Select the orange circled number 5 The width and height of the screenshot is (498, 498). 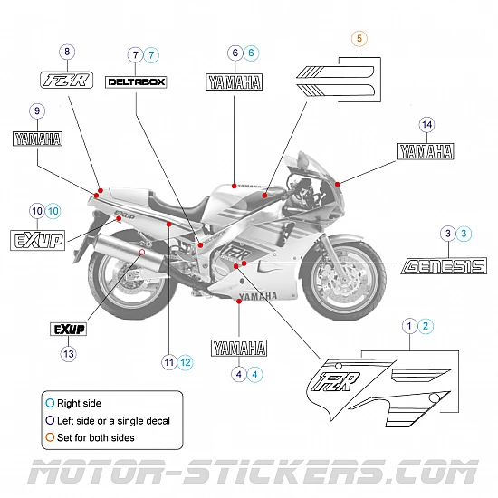coord(359,38)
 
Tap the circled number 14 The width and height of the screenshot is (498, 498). coord(427,124)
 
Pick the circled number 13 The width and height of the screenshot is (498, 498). coord(69,355)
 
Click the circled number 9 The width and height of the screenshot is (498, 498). coord(37,110)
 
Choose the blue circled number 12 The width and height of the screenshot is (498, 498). coord(186,362)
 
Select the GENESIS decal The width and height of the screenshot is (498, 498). coord(444,265)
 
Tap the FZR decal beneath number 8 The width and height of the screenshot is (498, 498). coord(66,80)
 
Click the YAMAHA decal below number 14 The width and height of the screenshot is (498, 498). coord(426,151)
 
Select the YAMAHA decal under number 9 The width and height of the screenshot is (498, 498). coord(37,139)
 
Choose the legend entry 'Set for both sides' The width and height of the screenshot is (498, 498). coord(96,438)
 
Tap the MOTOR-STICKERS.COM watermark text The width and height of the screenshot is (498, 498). coord(249,473)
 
